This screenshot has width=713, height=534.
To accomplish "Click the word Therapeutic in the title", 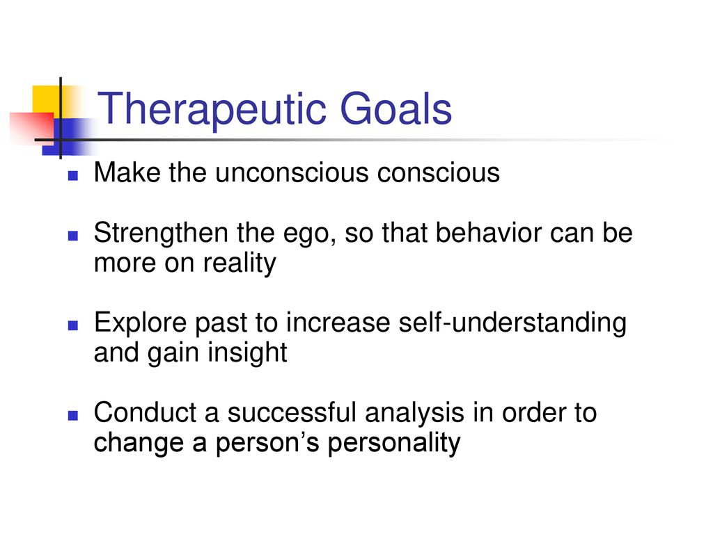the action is click(212, 111).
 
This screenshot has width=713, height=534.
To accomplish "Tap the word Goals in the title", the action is click(395, 108).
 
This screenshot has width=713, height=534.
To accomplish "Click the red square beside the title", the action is click(31, 128).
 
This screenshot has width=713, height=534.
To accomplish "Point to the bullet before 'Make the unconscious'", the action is click(72, 175).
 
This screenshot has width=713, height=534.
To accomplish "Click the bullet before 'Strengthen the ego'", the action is click(72, 235).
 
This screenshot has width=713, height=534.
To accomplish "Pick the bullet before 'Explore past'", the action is click(72, 325).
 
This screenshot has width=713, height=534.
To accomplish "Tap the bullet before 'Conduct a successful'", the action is click(72, 415).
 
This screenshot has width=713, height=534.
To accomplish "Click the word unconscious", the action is click(292, 173).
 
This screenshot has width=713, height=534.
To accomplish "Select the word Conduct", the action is click(145, 412).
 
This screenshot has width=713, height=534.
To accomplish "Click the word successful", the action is click(292, 412).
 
